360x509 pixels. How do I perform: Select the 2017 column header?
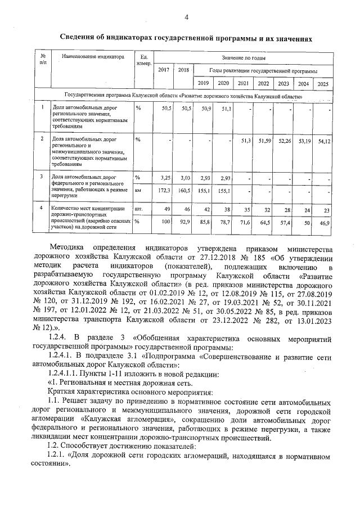coord(164,70)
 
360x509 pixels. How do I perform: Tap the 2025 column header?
coord(322,84)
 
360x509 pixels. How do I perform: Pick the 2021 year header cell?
coord(243,84)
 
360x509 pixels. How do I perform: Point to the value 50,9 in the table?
coord(205,109)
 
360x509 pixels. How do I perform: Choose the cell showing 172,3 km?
coord(163,191)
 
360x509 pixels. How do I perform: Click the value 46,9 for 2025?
coord(324,223)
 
